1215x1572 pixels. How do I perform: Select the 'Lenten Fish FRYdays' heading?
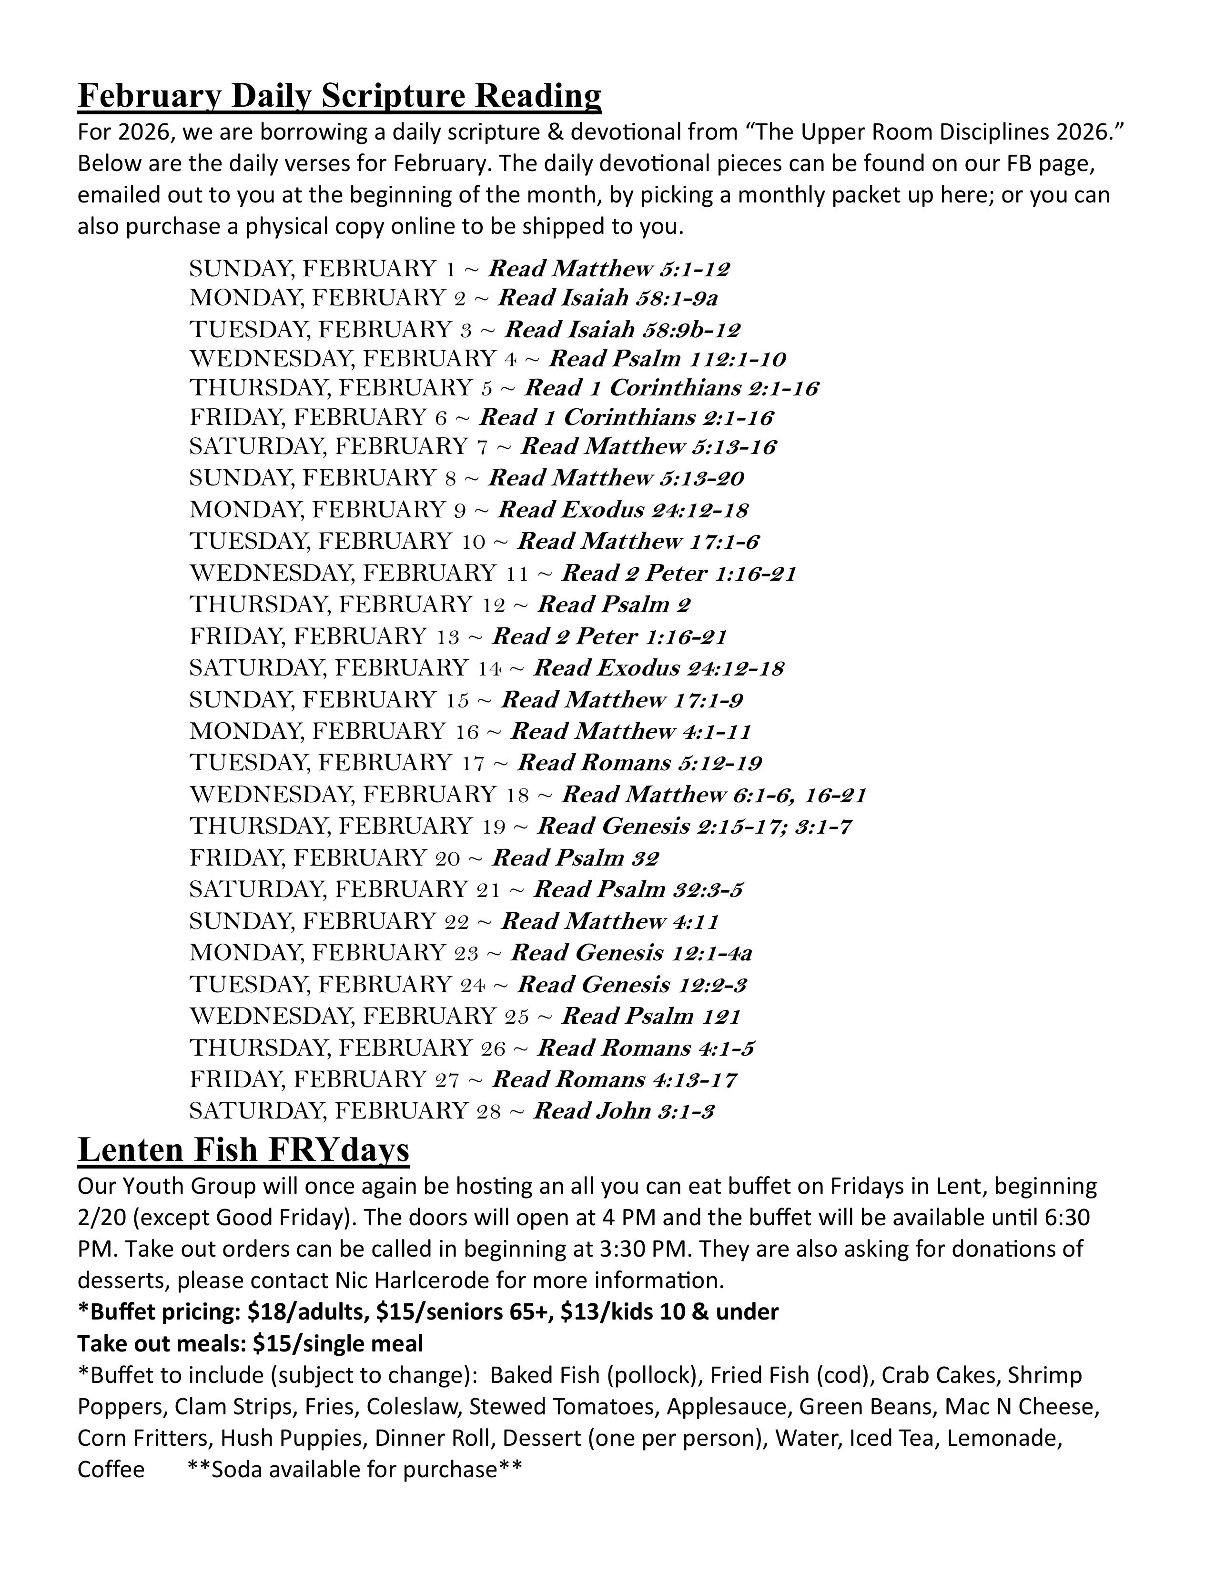[243, 1149]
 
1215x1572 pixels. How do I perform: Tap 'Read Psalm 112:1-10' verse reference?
[667, 358]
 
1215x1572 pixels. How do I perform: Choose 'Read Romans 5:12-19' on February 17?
[639, 763]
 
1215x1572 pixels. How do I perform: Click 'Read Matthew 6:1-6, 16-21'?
[713, 795]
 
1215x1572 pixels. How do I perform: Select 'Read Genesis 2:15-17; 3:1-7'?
[694, 826]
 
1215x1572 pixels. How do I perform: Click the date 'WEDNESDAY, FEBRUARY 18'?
[359, 795]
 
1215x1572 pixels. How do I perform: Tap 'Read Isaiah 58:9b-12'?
[622, 330]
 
